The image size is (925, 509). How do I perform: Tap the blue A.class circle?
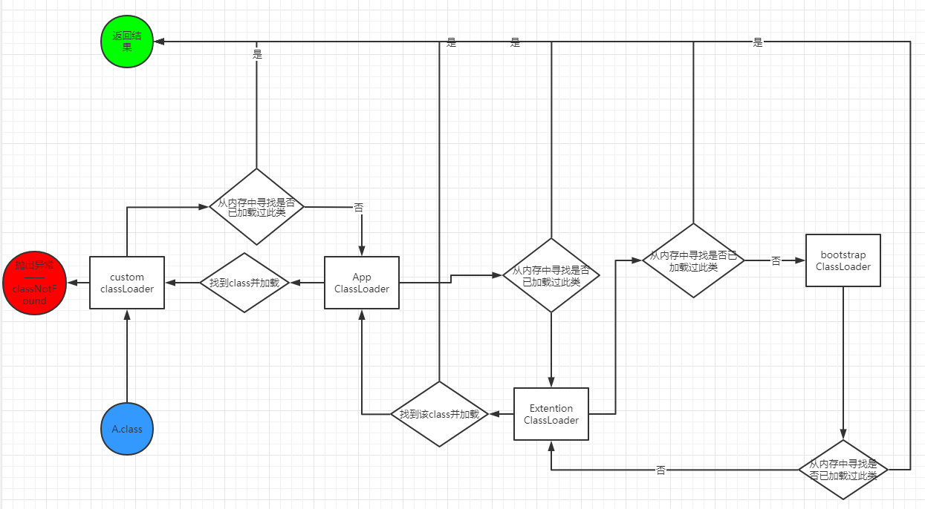127,428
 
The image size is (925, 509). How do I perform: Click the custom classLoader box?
127,283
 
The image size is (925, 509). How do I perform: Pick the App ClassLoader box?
362,283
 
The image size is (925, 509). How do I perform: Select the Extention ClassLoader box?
551,414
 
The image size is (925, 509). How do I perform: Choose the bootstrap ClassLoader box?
843,260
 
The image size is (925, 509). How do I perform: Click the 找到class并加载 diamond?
244,283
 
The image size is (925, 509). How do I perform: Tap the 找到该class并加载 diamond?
439,414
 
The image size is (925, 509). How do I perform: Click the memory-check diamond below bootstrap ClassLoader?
843,470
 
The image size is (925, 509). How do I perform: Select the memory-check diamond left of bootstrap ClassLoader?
693,260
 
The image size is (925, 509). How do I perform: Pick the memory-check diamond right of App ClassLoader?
551,275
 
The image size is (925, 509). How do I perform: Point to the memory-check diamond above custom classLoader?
256,206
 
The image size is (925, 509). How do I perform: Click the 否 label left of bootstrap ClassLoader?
776,261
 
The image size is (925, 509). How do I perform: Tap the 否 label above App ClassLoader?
359,207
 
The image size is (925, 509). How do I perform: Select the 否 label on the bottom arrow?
661,470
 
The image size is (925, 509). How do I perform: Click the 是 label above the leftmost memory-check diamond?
257,53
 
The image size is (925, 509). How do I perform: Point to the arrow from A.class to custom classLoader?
127,356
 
